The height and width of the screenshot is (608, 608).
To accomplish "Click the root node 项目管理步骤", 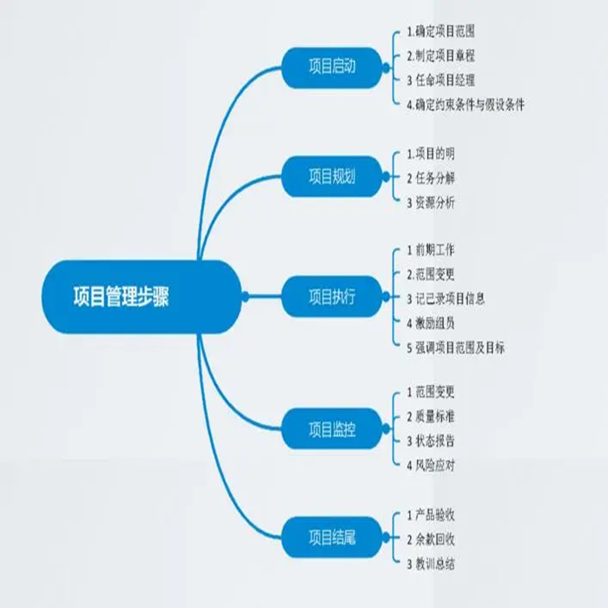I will tap(121, 296).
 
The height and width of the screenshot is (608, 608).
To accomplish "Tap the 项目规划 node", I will tap(332, 176).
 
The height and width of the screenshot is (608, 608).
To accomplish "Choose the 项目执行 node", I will tap(332, 296).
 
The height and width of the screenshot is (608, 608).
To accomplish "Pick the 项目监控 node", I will tap(332, 428).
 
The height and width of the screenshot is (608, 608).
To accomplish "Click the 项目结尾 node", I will tap(332, 538).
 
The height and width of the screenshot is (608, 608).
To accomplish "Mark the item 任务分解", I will tap(434, 178).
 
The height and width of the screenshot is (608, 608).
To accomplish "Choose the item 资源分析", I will tap(434, 202).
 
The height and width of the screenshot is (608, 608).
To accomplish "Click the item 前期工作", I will tap(434, 250).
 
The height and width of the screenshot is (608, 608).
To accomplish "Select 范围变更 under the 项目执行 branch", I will tap(434, 274).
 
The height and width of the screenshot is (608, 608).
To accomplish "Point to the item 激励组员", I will tap(434, 323).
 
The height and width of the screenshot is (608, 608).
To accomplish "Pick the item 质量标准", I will tap(434, 416).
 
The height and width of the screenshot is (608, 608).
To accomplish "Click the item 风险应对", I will tap(434, 465).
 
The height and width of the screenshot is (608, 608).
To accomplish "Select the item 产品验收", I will tap(434, 515).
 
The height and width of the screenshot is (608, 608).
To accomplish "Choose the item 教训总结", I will tap(434, 564).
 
